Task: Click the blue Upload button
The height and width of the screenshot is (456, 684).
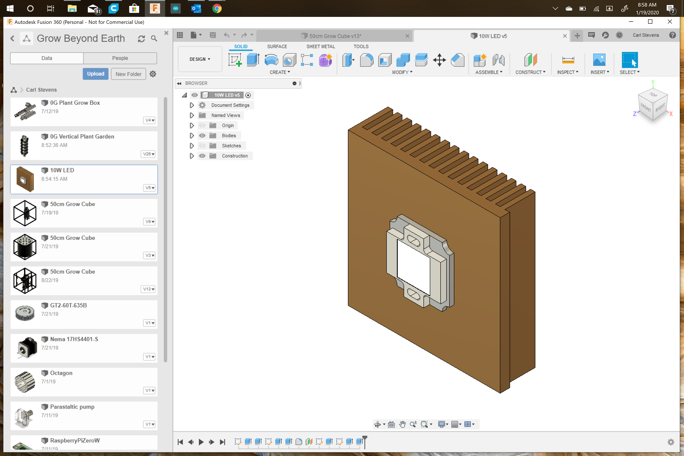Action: click(95, 74)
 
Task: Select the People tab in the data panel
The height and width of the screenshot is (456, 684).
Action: click(120, 58)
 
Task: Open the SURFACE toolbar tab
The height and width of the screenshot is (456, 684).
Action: click(277, 46)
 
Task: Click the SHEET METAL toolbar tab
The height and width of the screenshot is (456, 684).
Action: click(320, 46)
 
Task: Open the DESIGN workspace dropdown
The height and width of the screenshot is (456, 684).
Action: click(200, 59)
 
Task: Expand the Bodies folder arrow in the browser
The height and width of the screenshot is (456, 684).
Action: click(192, 136)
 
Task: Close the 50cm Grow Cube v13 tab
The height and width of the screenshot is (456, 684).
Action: click(407, 36)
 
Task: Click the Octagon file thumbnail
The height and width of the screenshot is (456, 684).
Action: click(25, 382)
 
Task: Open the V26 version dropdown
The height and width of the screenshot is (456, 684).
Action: click(149, 154)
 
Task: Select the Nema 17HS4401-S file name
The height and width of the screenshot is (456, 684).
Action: click(74, 339)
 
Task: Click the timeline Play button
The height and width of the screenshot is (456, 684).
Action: click(201, 442)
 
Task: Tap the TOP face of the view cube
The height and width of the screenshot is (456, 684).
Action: click(653, 95)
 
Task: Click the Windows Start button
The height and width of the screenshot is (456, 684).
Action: click(10, 8)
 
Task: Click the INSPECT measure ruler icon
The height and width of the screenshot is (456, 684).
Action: click(568, 60)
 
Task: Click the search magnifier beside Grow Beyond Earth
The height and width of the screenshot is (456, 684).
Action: click(154, 38)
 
